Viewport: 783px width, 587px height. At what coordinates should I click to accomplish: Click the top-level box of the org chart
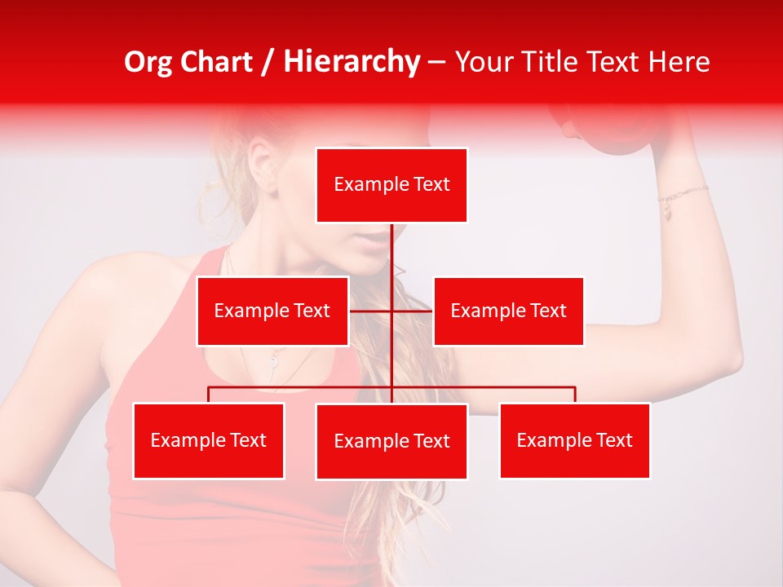click(x=391, y=185)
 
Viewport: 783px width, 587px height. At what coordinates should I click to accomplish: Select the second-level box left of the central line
click(x=272, y=311)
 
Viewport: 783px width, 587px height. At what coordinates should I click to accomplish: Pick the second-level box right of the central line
click(x=508, y=311)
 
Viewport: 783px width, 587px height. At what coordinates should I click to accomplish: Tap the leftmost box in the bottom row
click(x=209, y=440)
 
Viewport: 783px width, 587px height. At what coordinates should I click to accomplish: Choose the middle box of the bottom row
click(x=391, y=441)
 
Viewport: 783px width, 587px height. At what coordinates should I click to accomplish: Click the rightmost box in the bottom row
click(x=574, y=440)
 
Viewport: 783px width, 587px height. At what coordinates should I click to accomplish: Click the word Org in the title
click(x=149, y=62)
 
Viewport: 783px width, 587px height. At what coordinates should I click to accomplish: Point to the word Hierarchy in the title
click(x=352, y=62)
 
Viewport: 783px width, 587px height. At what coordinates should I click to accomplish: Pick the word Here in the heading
click(x=679, y=62)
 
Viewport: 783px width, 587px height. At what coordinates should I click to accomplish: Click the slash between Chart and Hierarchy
click(x=268, y=62)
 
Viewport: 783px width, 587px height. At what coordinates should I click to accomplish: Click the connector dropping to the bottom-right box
click(x=575, y=395)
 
